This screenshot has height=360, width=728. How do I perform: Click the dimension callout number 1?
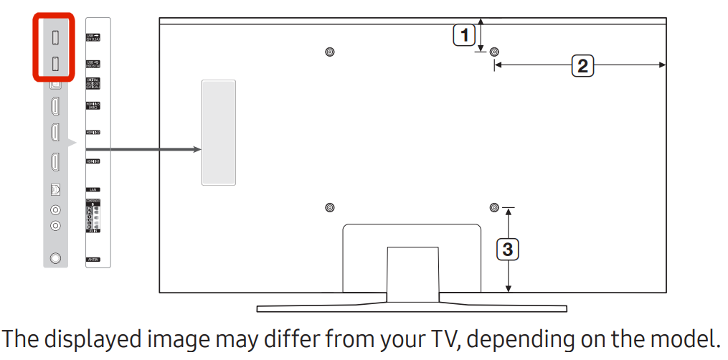(464, 34)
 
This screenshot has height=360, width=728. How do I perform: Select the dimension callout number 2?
(582, 66)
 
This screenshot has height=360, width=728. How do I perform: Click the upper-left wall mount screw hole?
(329, 52)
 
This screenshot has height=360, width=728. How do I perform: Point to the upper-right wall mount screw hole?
(494, 52)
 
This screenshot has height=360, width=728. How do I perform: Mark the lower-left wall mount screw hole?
(329, 207)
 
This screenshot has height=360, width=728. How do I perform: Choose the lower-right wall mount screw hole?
(494, 207)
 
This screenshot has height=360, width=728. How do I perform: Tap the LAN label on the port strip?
(93, 190)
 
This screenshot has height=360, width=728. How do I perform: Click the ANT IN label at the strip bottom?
(93, 258)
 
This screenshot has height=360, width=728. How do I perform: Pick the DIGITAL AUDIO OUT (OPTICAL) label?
(93, 82)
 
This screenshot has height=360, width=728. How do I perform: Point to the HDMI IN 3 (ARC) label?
(93, 106)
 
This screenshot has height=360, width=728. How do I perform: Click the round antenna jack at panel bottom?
(55, 258)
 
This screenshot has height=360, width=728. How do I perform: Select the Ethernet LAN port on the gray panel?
(55, 190)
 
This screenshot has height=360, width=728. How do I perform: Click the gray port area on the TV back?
(219, 133)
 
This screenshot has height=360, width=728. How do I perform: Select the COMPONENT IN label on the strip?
(93, 201)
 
